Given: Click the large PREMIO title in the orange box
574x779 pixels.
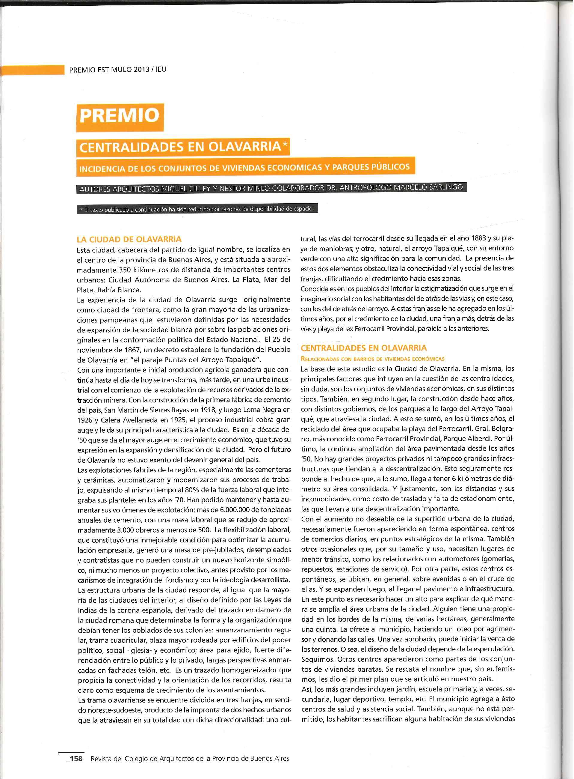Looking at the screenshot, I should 120,115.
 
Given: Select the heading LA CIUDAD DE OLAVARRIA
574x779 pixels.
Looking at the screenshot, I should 129,239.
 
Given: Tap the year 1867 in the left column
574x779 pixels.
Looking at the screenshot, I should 130,350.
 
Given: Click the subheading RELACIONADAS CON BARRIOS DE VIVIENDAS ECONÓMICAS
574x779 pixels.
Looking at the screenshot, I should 372,359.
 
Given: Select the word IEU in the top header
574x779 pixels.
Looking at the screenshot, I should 161,69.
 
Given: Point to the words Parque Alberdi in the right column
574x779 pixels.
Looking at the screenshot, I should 471,439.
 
